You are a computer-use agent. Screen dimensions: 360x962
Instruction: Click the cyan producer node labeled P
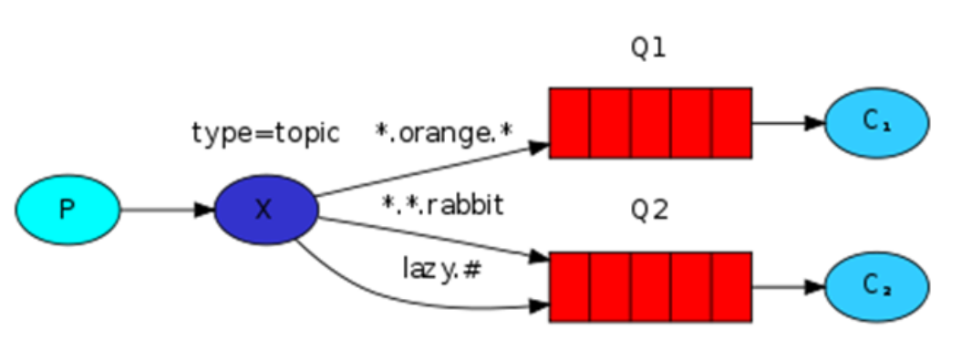click(x=67, y=210)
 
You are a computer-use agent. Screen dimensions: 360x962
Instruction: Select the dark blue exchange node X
click(x=265, y=210)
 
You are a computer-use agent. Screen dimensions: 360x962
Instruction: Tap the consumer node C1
click(x=876, y=123)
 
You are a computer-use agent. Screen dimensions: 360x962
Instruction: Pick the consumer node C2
click(x=876, y=285)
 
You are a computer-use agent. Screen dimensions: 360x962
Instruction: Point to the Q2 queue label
click(x=648, y=211)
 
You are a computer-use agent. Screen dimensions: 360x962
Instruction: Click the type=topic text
click(x=265, y=133)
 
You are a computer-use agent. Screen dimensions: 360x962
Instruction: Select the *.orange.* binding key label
click(x=444, y=133)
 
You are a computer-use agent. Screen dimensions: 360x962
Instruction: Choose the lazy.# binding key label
click(x=442, y=268)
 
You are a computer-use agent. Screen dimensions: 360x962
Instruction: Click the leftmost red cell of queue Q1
click(x=569, y=123)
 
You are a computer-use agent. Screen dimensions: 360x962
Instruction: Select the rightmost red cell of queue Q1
click(x=731, y=123)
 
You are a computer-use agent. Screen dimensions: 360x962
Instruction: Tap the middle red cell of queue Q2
click(x=650, y=286)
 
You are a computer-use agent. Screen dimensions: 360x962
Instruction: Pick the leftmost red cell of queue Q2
click(x=569, y=286)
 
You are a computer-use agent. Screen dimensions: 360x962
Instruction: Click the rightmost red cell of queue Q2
click(x=731, y=286)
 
